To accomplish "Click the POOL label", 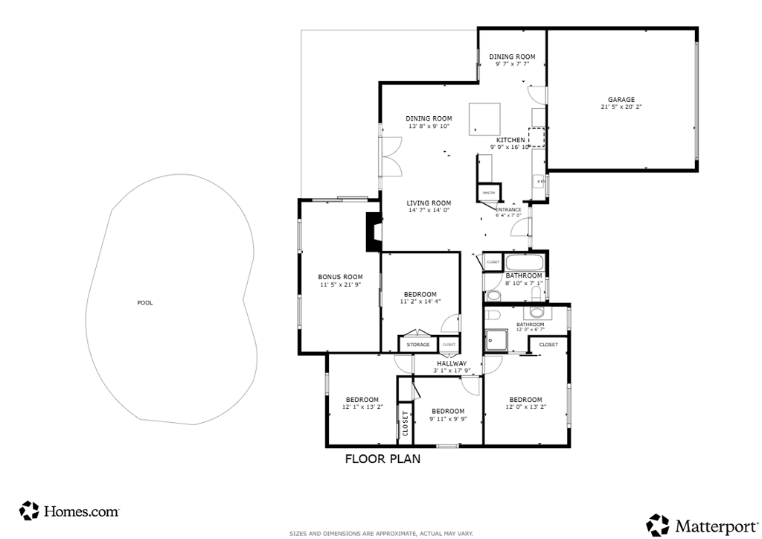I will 145,303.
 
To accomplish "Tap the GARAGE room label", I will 621,100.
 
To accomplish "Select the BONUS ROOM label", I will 340,277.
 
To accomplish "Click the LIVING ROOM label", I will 429,203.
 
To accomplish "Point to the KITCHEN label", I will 510,140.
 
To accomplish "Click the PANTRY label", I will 488,193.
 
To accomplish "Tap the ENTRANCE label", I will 508,210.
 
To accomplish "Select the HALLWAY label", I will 452,363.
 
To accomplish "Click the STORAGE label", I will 418,345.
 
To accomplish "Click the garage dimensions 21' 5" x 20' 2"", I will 621,107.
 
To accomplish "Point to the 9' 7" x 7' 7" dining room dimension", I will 512,64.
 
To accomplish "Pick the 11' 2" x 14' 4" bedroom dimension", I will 420,302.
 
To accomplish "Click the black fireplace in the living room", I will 372,233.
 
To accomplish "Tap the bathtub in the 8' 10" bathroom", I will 525,263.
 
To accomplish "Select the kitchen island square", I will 484,119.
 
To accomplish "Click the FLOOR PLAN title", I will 382,459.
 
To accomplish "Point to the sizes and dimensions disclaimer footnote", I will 381,533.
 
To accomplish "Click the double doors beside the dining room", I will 389,156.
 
